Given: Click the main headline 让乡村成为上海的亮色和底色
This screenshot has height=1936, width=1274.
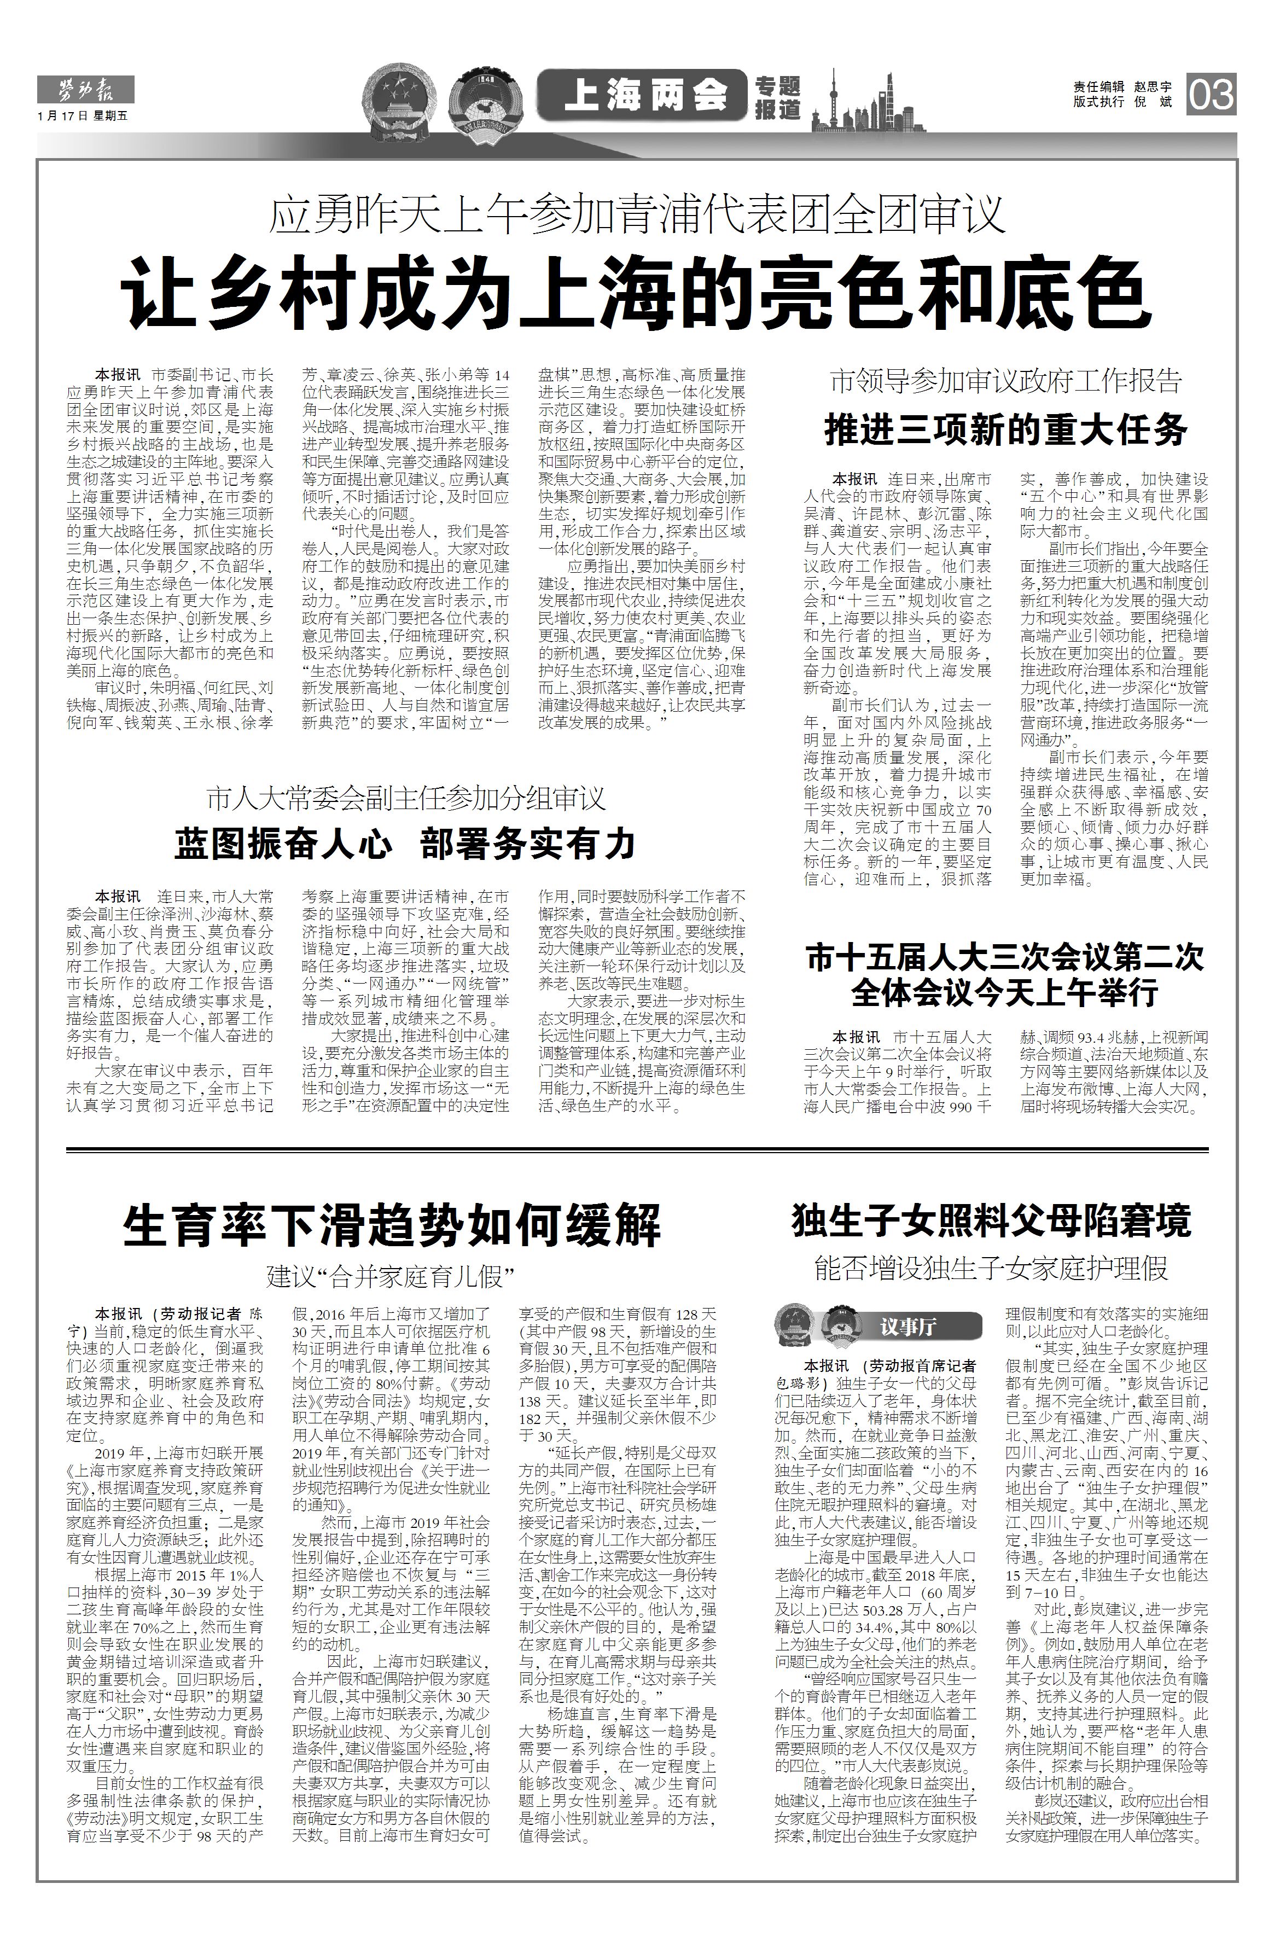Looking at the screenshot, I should tap(636, 292).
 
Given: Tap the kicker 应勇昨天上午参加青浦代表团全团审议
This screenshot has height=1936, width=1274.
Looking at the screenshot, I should tap(637, 215).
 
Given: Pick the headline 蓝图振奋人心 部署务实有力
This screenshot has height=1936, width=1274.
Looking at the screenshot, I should tap(404, 844).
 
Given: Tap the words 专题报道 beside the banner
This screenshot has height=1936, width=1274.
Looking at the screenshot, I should tap(777, 98).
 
